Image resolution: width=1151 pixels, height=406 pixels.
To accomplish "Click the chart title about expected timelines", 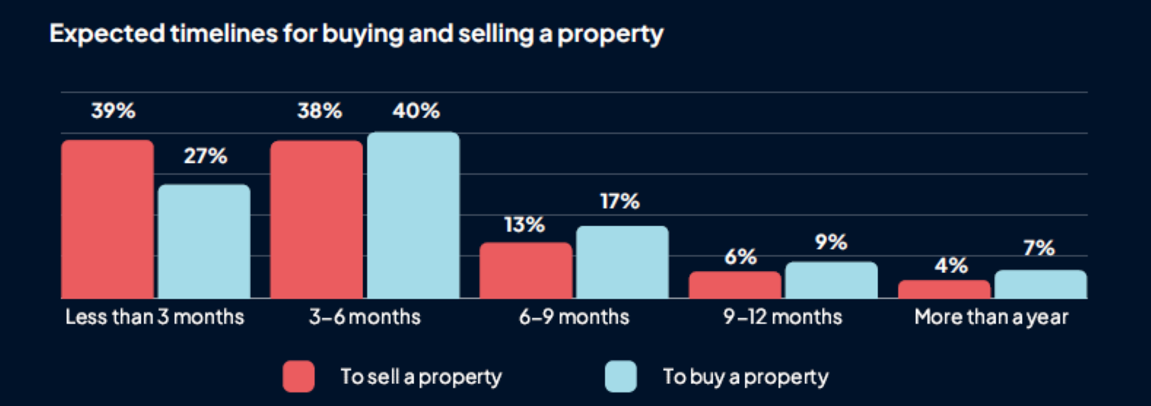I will click(x=356, y=34).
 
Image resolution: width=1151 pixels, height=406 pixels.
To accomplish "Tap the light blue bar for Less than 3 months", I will click(x=204, y=241).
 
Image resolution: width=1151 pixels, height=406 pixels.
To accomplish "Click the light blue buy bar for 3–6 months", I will click(x=413, y=215).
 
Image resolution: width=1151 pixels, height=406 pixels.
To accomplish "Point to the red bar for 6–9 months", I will click(x=526, y=270).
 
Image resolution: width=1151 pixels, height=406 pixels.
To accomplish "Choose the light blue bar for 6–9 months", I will click(x=622, y=262).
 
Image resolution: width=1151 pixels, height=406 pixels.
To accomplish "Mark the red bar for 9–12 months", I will click(x=735, y=284).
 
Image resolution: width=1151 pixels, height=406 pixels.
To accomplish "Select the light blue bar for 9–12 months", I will click(x=831, y=279).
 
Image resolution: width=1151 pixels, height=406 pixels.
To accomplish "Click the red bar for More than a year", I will click(x=944, y=289).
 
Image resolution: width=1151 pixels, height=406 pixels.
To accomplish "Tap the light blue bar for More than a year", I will click(x=1040, y=284).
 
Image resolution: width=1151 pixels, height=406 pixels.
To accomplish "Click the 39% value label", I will click(x=113, y=111).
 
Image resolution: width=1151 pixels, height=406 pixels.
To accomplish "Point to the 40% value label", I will click(x=416, y=111).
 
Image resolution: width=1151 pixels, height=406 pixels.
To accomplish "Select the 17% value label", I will click(x=620, y=201).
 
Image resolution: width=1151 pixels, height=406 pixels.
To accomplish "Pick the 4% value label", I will click(x=951, y=265).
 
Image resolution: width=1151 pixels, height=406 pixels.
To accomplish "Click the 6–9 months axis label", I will click(x=574, y=317).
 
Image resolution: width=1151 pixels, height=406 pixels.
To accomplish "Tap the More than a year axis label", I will click(x=991, y=317).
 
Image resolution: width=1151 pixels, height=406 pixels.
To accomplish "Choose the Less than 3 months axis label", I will click(x=155, y=317).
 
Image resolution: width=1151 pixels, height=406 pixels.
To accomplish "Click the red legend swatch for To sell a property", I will click(x=298, y=377).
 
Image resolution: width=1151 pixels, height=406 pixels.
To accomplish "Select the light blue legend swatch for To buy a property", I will click(x=620, y=377).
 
